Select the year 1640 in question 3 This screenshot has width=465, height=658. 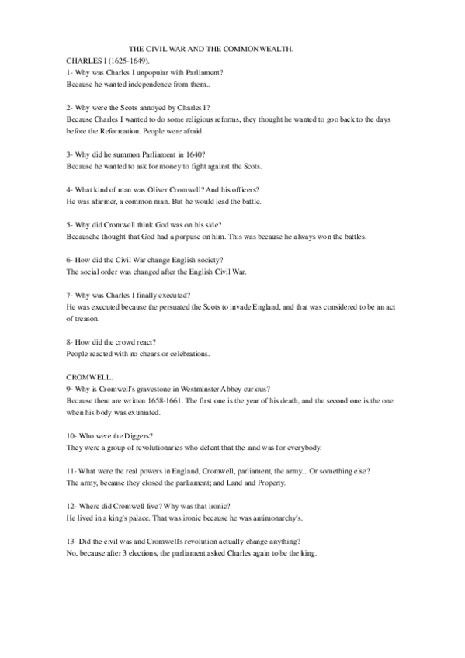(193, 155)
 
